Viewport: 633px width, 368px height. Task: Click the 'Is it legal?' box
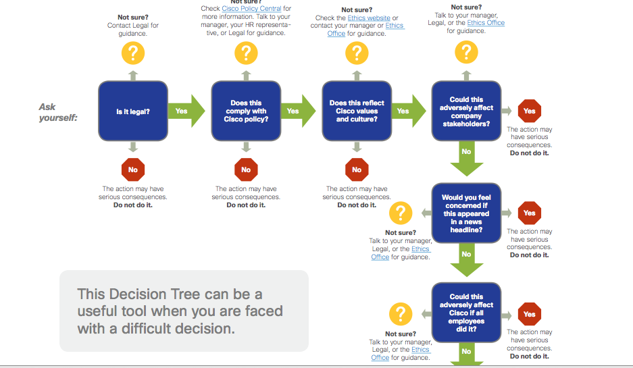point(132,111)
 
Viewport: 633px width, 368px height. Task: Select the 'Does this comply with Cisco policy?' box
point(245,111)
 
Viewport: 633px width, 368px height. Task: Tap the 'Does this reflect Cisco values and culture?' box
point(356,111)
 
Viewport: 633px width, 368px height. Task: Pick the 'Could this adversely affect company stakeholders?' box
point(466,111)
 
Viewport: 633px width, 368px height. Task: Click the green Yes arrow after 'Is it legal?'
point(186,111)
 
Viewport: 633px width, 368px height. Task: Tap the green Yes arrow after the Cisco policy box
point(297,111)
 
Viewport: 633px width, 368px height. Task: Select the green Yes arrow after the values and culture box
point(407,111)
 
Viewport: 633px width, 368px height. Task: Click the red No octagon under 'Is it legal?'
point(133,169)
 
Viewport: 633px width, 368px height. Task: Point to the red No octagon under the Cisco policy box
point(245,169)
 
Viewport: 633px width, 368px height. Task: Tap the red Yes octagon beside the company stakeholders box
point(529,111)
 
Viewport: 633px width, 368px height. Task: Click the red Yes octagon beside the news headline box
point(529,213)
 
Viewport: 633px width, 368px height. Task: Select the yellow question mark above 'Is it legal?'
point(133,52)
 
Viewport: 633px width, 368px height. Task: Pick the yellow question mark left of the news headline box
point(401,213)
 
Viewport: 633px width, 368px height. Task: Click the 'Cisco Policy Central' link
point(252,9)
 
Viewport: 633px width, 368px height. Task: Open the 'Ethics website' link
point(369,18)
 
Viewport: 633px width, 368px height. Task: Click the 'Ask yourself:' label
point(57,112)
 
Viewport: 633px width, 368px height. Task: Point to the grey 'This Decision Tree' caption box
point(184,311)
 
